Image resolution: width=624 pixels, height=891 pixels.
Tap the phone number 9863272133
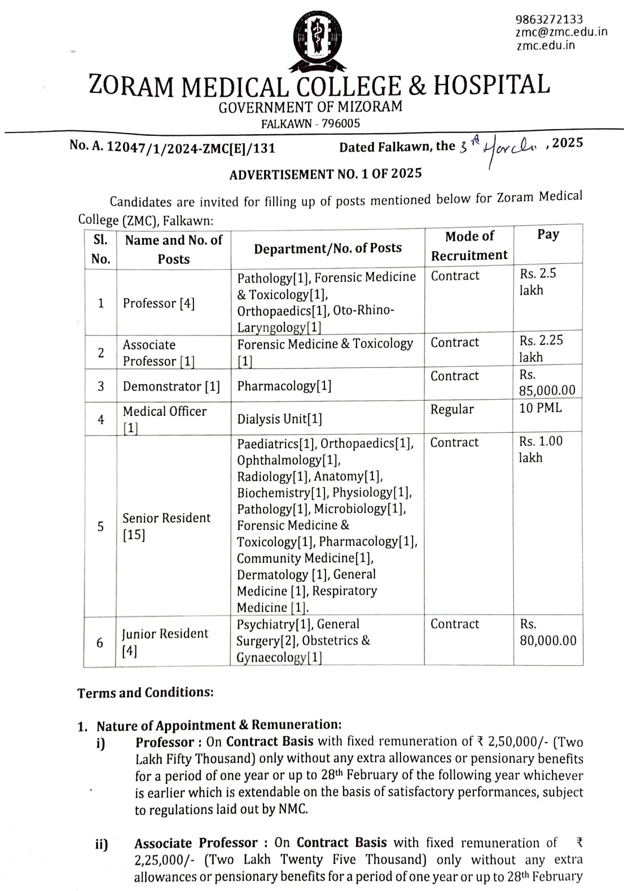549,19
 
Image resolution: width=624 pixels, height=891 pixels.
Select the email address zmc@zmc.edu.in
561,32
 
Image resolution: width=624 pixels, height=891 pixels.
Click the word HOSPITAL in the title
491,85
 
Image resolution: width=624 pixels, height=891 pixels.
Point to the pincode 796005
341,124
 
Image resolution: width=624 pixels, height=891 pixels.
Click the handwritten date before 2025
500,148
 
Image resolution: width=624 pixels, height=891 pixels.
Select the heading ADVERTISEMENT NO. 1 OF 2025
325,174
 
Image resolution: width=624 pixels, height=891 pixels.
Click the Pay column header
548,234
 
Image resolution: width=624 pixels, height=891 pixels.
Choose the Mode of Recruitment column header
469,245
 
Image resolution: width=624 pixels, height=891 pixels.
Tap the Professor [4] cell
158,303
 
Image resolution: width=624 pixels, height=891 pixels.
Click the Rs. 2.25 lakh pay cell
541,349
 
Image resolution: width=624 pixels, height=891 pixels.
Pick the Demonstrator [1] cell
171,387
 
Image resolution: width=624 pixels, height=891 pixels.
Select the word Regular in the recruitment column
452,409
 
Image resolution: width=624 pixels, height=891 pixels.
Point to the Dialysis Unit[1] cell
280,419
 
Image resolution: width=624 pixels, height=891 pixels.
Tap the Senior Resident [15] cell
166,526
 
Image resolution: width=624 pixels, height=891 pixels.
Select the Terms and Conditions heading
145,692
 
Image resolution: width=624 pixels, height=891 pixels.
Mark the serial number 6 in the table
100,642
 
